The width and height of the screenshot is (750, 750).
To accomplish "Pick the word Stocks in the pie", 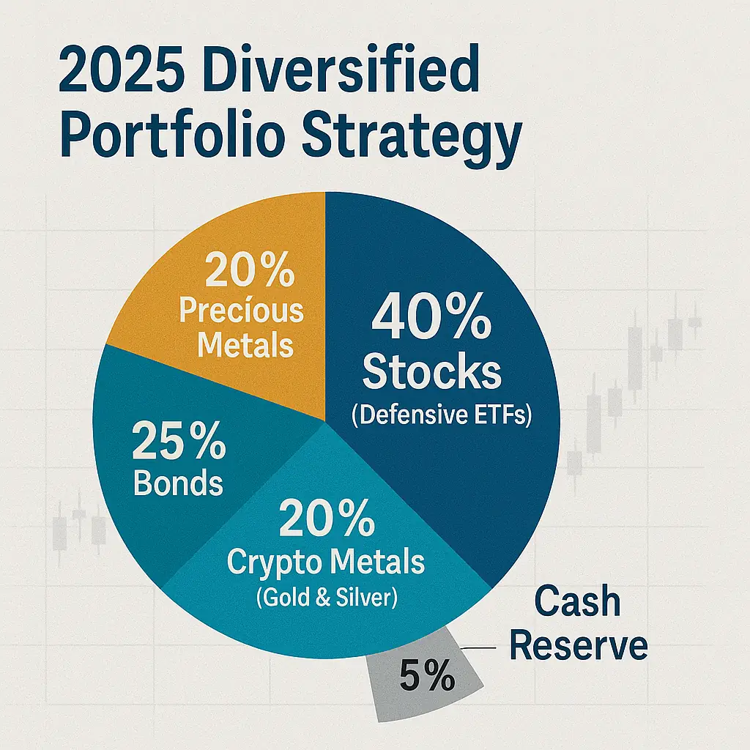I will point(432,373).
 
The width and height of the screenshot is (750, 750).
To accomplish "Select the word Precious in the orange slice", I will point(242,311).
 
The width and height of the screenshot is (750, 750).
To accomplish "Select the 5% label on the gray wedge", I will point(427,677).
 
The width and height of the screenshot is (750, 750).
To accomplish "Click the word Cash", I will point(577,602).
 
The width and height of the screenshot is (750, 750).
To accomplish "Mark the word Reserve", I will point(579,647).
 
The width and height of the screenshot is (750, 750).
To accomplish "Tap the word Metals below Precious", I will point(246,344).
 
